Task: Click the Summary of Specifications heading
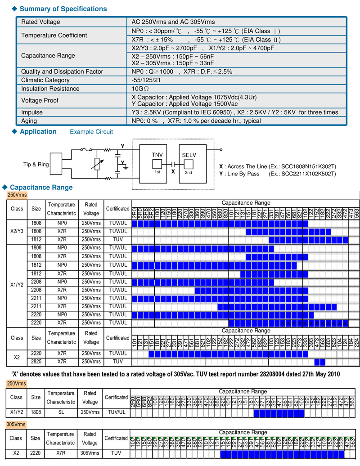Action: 63,9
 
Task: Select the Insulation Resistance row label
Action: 50,89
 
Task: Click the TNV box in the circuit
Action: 157,155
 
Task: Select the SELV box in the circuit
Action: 189,155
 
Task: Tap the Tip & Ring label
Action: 36,165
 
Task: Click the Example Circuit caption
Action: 91,132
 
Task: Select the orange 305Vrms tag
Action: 16,424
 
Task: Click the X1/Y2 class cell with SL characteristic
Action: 17,412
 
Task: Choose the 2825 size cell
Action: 36,362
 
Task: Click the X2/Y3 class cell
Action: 17,231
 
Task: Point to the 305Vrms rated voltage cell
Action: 90,454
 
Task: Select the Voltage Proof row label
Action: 40,101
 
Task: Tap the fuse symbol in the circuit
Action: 84,150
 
